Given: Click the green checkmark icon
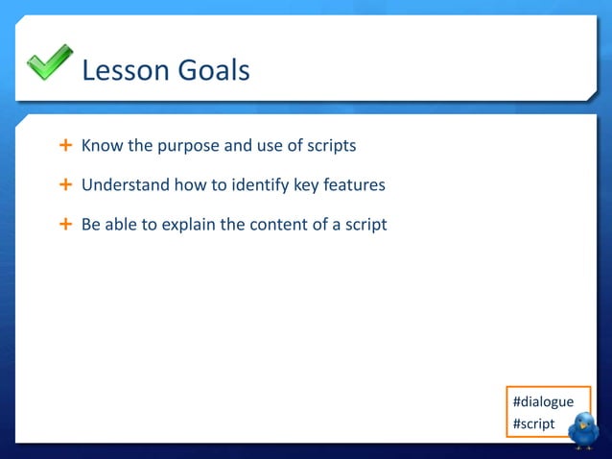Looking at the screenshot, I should click(x=49, y=62).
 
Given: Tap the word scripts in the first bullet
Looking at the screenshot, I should click(x=331, y=147).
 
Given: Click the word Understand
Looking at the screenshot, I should click(x=123, y=185).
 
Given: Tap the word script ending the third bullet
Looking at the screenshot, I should click(x=365, y=226).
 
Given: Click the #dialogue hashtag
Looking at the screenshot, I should click(x=544, y=401).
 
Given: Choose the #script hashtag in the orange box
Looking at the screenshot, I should click(x=534, y=423).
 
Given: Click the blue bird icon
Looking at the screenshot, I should click(x=582, y=430).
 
